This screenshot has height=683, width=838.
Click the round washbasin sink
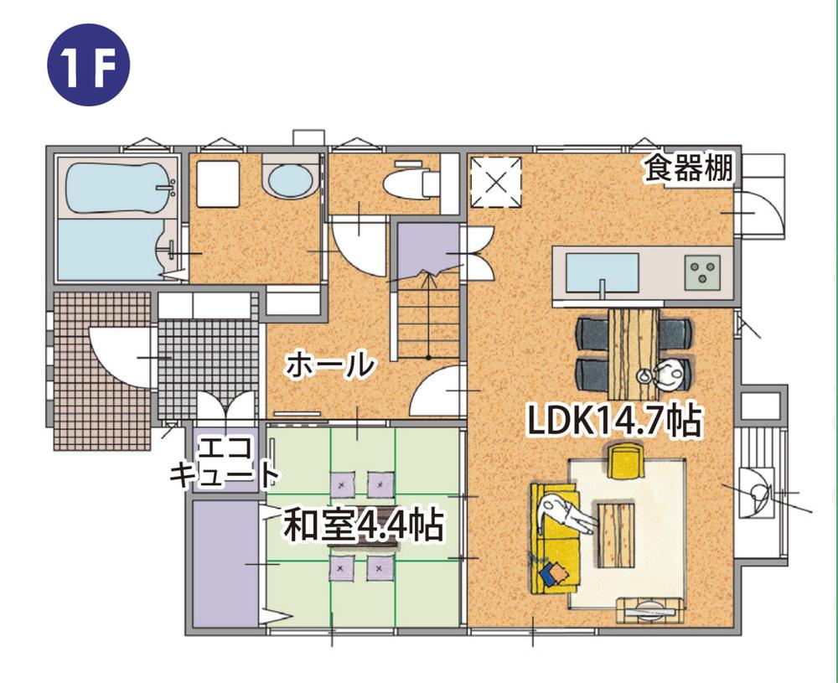pos(289,179)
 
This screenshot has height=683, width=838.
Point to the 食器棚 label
pos(688,168)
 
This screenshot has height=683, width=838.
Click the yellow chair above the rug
pos(624,461)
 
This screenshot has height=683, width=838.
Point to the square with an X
pos(495,181)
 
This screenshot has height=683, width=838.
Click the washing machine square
pos(218,182)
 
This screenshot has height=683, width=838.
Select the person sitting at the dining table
pos(666,375)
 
